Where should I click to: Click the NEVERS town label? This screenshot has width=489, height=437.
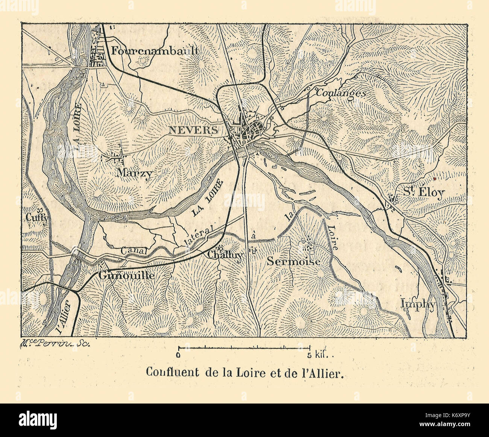click(x=193, y=130)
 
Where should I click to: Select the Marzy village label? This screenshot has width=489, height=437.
click(x=135, y=173)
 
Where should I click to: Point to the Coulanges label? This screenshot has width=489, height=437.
click(x=340, y=93)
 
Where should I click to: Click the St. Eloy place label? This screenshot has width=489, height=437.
click(x=424, y=193)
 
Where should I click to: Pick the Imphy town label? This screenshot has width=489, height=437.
click(x=418, y=304)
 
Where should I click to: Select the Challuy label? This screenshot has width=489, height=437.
click(x=226, y=255)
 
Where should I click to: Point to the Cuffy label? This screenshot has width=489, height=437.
click(x=37, y=217)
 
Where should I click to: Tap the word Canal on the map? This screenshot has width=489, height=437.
click(x=134, y=250)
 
